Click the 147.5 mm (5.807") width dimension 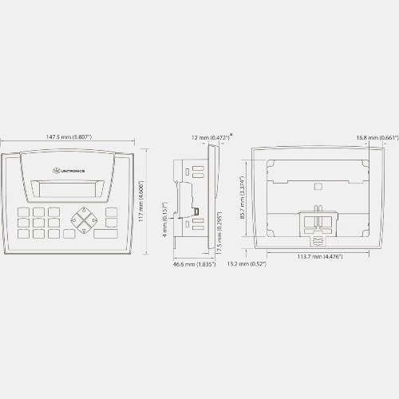coord(69,137)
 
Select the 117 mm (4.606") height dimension coord(141,201)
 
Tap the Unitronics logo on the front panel coord(69,171)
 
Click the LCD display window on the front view coord(67,189)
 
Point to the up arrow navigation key coord(84,212)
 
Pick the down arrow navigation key coord(84,229)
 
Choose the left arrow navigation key coord(76,220)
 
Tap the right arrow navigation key coord(93,220)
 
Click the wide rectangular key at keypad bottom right coord(105,234)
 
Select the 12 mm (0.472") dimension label coord(211,138)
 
